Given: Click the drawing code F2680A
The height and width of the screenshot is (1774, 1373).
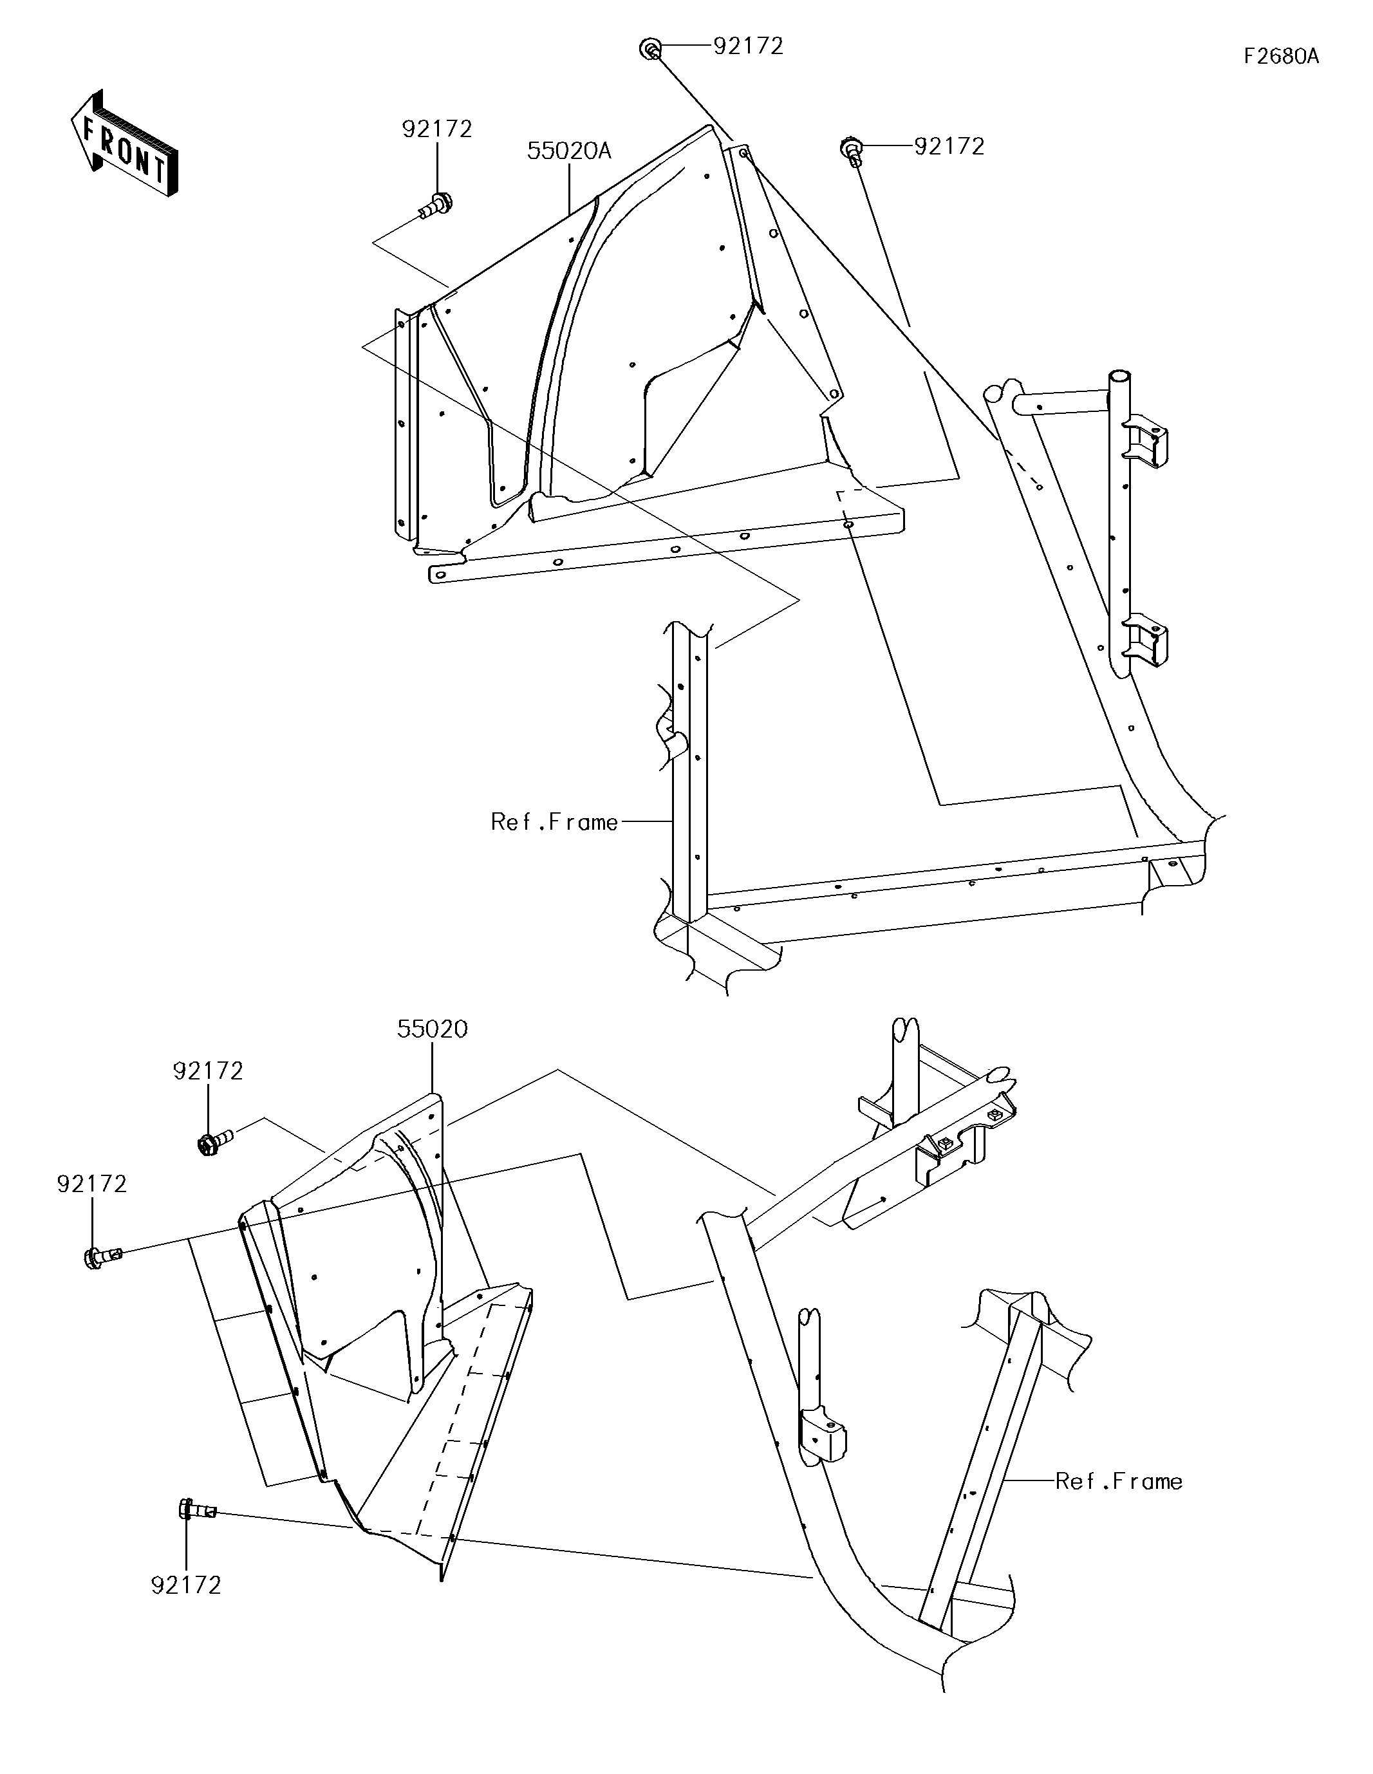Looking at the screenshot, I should click(1280, 56).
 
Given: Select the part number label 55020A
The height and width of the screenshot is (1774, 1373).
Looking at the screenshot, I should click(568, 151).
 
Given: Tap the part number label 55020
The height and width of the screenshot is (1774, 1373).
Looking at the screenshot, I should click(432, 1029).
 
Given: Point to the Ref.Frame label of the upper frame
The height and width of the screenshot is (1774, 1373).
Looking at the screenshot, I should click(554, 822).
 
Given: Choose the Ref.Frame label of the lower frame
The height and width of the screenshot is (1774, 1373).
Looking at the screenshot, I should click(1119, 1482).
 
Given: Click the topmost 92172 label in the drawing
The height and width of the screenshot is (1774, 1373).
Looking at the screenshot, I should click(748, 47).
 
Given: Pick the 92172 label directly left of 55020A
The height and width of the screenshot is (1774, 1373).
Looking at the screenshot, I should click(437, 129).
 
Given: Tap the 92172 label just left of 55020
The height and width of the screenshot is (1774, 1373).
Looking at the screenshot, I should click(208, 1071).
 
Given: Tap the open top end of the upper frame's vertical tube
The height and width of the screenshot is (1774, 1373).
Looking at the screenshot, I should click(1120, 378).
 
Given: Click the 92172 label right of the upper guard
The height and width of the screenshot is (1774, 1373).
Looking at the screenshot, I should click(949, 147).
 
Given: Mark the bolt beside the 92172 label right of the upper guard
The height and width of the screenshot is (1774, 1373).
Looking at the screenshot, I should click(850, 150).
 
